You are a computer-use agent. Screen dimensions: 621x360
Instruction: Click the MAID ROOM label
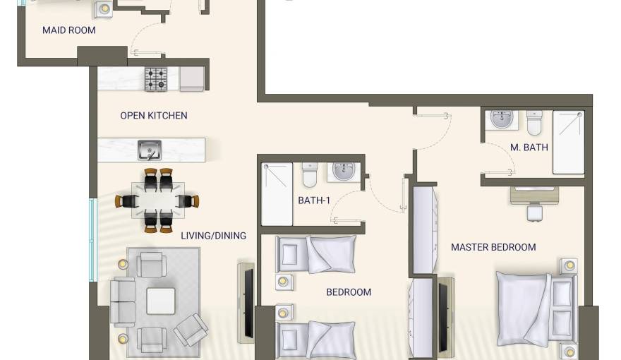(x=69, y=30)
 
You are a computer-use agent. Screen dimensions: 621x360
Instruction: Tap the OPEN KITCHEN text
(x=154, y=116)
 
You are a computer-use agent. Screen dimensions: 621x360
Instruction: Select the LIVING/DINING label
(x=213, y=236)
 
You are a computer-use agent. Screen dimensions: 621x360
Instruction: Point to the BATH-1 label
(x=314, y=200)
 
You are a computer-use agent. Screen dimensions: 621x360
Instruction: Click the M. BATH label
(x=529, y=148)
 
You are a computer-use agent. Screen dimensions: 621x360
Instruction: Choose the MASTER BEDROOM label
(x=493, y=247)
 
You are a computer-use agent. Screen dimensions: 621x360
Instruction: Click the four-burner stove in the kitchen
(x=156, y=79)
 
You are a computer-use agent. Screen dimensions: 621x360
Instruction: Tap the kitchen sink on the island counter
(x=150, y=150)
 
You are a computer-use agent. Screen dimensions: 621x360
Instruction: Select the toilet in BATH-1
(x=310, y=174)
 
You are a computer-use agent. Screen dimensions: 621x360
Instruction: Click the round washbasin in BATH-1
(x=344, y=172)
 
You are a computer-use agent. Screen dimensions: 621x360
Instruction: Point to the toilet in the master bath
(x=534, y=123)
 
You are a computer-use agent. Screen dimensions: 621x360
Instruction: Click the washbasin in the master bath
(x=502, y=119)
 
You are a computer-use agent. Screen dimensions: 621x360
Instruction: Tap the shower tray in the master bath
(x=568, y=143)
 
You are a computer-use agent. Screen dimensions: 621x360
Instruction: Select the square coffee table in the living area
(x=161, y=301)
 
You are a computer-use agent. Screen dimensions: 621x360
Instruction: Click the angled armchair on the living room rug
(x=191, y=330)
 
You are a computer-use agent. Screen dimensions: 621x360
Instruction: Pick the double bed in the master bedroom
(x=536, y=309)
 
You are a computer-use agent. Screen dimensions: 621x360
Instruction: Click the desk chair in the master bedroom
(x=535, y=212)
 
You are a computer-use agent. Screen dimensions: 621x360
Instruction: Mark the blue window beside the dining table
(x=93, y=240)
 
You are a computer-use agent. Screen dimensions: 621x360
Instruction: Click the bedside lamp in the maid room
(x=104, y=8)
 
